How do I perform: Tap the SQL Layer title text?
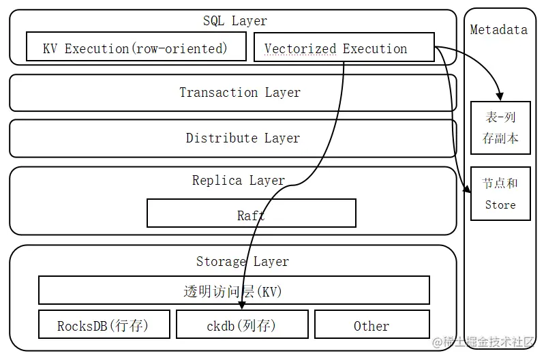(x=235, y=21)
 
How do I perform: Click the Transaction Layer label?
(x=239, y=93)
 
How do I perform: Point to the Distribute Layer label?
(x=243, y=138)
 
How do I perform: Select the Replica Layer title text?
(x=239, y=181)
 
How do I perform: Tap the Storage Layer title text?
(x=242, y=262)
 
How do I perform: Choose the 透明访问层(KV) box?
(x=233, y=290)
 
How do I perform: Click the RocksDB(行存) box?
(x=103, y=325)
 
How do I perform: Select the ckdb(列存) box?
(x=241, y=325)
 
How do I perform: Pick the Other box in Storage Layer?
(x=371, y=325)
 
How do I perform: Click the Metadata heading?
(x=499, y=29)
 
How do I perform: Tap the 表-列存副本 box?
(x=500, y=127)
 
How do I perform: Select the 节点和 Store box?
(x=500, y=194)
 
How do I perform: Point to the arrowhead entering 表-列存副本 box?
(x=500, y=96)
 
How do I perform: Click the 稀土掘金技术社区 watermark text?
(x=486, y=343)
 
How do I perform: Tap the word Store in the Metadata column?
(x=500, y=205)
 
